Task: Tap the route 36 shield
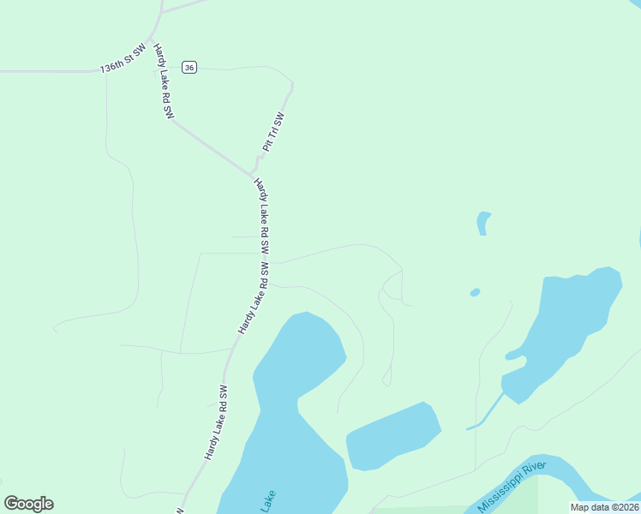[x=189, y=68]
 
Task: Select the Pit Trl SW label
[x=273, y=132]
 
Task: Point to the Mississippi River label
[x=512, y=487]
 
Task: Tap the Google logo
[x=28, y=504]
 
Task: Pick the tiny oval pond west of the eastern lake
[x=475, y=292]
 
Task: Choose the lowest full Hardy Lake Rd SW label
[x=216, y=421]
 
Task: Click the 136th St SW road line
[x=51, y=71]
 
